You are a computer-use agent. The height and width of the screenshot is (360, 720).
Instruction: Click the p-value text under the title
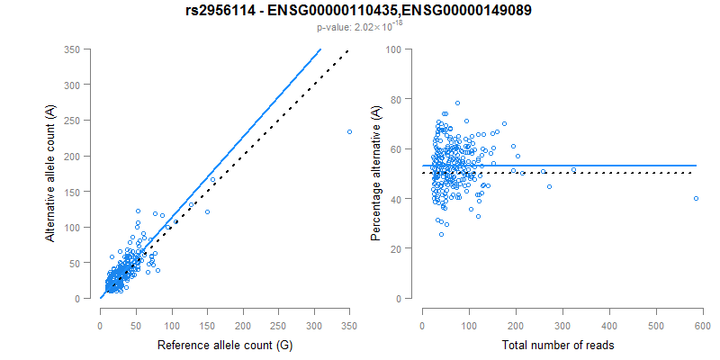[x=359, y=28]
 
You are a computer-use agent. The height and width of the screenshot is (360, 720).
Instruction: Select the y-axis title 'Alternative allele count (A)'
[x=51, y=172]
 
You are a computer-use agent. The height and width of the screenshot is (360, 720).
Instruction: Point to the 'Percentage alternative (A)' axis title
[x=375, y=173]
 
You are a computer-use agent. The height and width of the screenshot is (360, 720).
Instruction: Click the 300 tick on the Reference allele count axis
[x=278, y=325]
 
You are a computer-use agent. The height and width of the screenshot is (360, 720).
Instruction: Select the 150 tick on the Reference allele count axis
[x=171, y=325]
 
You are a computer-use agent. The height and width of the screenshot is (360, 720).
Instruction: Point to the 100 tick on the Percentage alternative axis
[x=393, y=49]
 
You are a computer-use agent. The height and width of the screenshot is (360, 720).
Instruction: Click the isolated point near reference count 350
[x=349, y=132]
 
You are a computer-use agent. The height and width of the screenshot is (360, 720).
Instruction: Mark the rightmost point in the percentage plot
[x=696, y=198]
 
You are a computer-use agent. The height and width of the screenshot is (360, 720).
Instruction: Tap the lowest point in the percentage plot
[x=441, y=234]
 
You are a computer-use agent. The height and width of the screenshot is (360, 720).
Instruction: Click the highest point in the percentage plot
[x=457, y=103]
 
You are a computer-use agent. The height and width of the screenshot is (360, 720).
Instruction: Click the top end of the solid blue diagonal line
[x=320, y=49]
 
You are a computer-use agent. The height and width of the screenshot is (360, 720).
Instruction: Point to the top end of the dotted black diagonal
[x=349, y=50]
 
